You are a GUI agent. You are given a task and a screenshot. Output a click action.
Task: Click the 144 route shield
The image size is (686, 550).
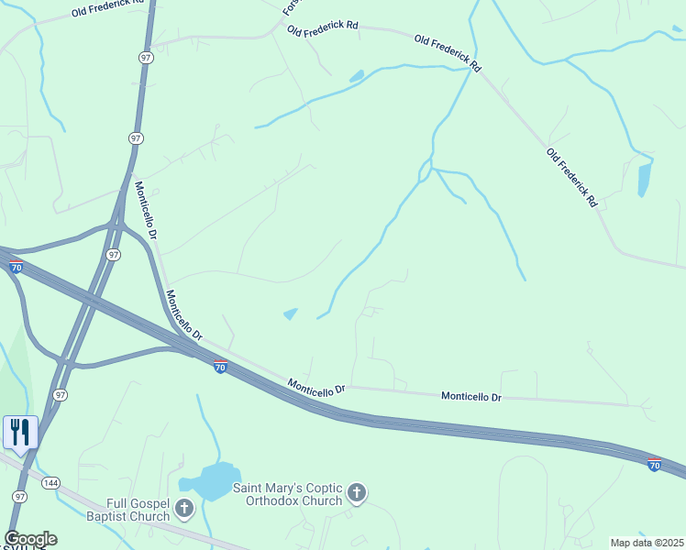(51, 481)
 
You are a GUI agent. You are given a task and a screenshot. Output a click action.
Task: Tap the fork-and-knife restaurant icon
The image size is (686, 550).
(20, 431)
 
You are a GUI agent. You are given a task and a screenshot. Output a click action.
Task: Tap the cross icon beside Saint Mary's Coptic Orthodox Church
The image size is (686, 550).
(357, 494)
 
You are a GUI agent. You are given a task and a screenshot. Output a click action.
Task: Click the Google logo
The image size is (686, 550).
(30, 539)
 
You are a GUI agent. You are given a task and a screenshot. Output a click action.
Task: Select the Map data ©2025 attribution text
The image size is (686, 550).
(647, 543)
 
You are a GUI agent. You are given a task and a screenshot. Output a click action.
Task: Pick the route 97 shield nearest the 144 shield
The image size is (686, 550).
(20, 495)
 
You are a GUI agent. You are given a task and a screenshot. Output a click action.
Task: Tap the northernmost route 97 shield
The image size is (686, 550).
(147, 57)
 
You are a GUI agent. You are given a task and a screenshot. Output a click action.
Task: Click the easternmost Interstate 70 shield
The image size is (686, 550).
(654, 466)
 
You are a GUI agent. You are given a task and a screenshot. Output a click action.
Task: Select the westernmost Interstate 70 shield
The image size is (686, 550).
(16, 267)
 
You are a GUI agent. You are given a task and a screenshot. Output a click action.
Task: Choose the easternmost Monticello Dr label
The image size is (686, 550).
(471, 397)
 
